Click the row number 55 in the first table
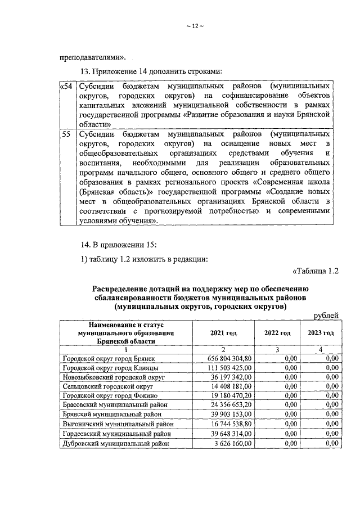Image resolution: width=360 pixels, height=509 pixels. [x=66, y=136]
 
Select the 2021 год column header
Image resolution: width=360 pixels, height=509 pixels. [x=223, y=333]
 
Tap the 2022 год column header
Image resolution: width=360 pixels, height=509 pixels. [x=277, y=333]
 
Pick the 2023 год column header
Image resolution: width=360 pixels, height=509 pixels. [x=320, y=333]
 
